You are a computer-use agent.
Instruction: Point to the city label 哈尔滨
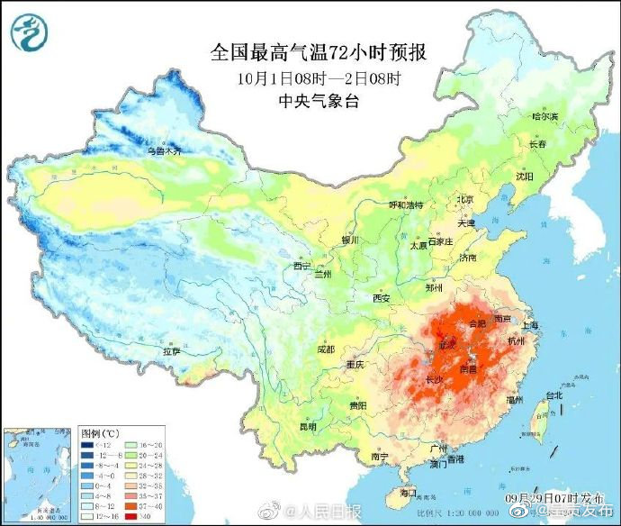[544, 117]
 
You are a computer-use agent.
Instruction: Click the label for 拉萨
[172, 350]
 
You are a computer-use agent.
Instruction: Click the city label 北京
[464, 200]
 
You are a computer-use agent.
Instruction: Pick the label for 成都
[325, 349]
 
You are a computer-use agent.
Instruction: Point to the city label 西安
[382, 298]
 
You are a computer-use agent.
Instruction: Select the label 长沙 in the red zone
[434, 379]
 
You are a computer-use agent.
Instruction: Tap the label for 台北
[553, 394]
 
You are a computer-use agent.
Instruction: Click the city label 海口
[408, 492]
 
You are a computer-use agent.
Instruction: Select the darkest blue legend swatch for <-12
[88, 445]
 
